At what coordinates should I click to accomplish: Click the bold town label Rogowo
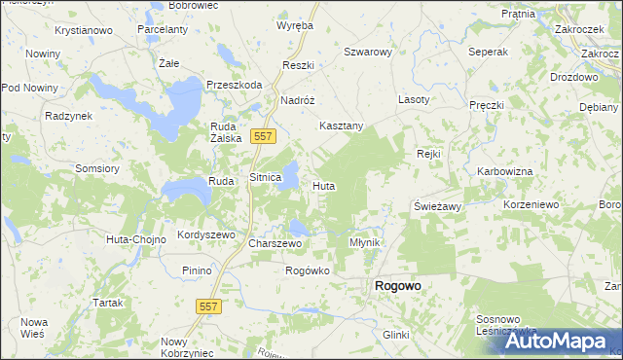click(x=397, y=287)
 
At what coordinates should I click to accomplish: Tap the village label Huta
click(x=324, y=185)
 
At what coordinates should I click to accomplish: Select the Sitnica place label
click(x=266, y=179)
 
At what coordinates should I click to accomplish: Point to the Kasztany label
click(x=342, y=126)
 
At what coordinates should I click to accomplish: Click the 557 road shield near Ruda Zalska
click(x=261, y=137)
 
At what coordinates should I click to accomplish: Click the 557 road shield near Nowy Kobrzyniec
click(x=212, y=306)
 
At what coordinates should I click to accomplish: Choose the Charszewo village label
click(x=272, y=243)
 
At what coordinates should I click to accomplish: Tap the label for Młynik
click(x=365, y=242)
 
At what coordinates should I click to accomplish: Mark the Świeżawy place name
click(x=437, y=207)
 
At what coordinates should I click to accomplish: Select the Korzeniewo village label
click(x=531, y=205)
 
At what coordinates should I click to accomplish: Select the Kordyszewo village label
click(x=206, y=235)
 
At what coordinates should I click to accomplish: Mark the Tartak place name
click(x=107, y=303)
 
